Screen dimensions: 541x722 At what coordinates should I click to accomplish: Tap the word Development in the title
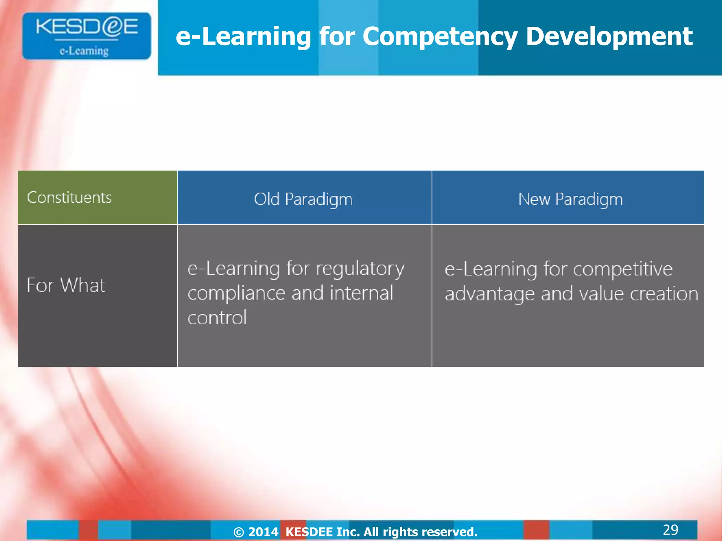609,37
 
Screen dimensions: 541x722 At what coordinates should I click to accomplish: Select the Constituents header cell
69,198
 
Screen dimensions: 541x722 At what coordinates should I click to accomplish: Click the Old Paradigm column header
303,199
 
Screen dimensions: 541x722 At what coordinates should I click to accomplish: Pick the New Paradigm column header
570,199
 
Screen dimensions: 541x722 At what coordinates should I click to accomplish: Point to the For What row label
66,285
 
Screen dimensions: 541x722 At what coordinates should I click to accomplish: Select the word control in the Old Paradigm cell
217,318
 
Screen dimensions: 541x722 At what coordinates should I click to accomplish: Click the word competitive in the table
623,270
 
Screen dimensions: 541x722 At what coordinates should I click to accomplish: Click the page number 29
670,530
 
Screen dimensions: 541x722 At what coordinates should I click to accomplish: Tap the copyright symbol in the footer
239,532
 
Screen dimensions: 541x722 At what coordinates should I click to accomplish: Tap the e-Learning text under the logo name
84,51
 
